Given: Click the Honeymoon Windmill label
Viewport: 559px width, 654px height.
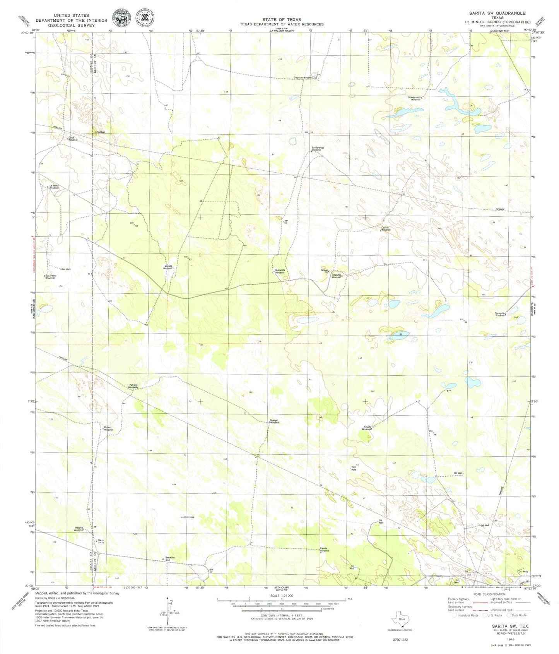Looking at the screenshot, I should (x=415, y=98).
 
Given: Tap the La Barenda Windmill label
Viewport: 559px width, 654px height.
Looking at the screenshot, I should (x=317, y=149).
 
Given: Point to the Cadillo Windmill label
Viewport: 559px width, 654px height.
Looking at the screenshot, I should (x=386, y=229).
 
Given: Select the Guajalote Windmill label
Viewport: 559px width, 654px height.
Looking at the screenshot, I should (x=280, y=271).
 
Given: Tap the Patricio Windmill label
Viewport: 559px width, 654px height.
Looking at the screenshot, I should (x=133, y=386).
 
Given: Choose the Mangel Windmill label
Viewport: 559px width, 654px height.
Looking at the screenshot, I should (x=274, y=421).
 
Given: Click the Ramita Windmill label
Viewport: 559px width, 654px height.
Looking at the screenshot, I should (x=324, y=550).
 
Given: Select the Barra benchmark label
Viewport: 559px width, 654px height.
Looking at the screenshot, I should (x=101, y=541).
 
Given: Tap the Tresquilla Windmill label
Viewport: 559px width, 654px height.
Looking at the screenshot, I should (x=500, y=314).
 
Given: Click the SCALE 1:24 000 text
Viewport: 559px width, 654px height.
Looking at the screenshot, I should (x=281, y=596).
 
